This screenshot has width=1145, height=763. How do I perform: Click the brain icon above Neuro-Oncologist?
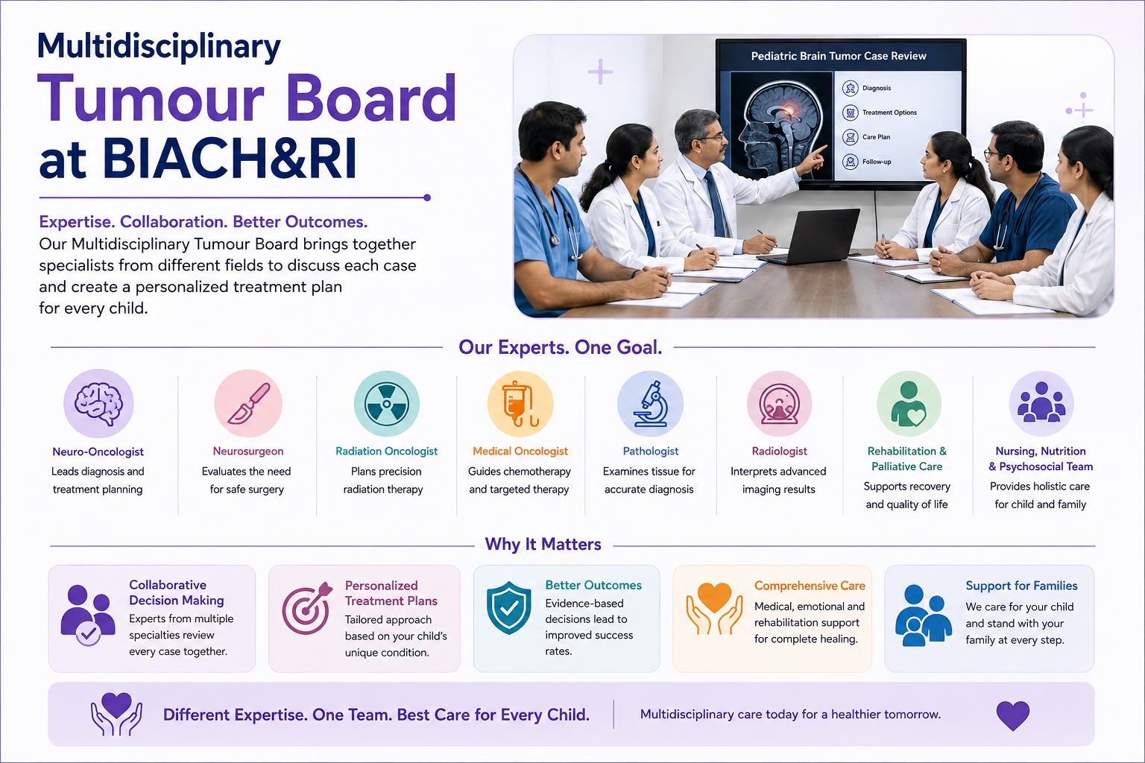pos(98,403)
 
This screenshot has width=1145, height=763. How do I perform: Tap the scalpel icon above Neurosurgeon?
pos(248,403)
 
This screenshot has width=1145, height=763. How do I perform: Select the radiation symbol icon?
pos(386,403)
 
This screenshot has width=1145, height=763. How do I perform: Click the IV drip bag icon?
pos(520,403)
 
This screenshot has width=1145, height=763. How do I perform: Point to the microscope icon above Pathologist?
pos(650,403)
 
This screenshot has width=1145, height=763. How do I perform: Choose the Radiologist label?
pos(779,452)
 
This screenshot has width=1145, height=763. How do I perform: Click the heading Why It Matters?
pos(543,544)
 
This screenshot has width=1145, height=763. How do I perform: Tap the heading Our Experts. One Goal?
pos(561,347)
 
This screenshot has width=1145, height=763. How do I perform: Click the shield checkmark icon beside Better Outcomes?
pos(508,607)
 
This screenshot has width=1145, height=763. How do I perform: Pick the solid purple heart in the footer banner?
pos(1012,715)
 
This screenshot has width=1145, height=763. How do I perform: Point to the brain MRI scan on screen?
pos(781,126)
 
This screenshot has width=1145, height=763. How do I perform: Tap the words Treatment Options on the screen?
pos(889,113)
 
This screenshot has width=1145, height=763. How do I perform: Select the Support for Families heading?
pos(1021,586)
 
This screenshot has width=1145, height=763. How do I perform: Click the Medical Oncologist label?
pos(520,452)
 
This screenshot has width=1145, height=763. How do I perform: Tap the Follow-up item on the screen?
pos(877,162)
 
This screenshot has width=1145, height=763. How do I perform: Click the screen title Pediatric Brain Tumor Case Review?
pos(839,56)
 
